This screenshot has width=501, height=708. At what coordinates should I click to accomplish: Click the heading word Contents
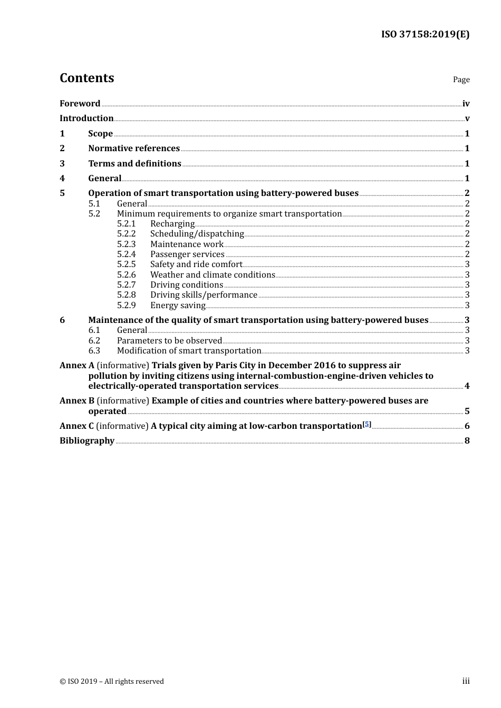[86, 78]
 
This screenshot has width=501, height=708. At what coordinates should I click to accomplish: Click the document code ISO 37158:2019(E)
[425, 34]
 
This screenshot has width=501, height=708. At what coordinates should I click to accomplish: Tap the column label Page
[461, 80]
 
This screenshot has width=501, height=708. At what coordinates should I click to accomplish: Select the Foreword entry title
[80, 103]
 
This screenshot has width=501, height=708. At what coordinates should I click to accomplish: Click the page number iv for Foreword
[466, 104]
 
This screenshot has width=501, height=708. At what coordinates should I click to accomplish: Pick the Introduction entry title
[86, 118]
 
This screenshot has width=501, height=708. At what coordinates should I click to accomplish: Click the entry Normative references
[134, 148]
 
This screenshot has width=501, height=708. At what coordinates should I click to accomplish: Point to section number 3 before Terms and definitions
[62, 163]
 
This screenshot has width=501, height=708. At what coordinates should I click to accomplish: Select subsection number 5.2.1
[126, 224]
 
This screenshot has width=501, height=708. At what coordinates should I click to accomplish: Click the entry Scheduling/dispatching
[197, 234]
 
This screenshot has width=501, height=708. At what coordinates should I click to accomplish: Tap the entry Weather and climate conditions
[213, 274]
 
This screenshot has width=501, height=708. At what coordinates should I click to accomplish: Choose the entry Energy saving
[178, 305]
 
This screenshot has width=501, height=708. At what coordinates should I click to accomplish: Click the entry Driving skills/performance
[204, 295]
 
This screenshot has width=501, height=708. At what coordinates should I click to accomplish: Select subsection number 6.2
[94, 340]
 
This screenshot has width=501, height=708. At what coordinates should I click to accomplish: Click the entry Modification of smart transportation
[189, 350]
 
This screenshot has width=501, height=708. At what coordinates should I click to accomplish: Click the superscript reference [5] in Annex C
[367, 424]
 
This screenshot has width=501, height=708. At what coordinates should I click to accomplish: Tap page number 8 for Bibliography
[467, 440]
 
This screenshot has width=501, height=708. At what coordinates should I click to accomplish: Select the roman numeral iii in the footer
[466, 681]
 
